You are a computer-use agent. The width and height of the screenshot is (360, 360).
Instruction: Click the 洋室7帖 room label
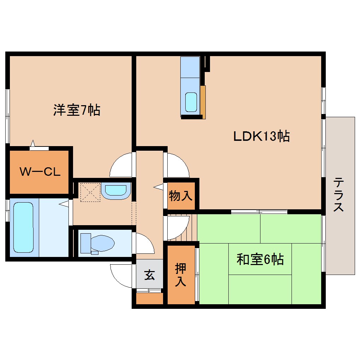click(x=77, y=110)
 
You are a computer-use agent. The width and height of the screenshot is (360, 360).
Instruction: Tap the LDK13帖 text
click(x=262, y=136)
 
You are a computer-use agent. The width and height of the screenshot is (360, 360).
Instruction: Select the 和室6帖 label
click(x=260, y=260)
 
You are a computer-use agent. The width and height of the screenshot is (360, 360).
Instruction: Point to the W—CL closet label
click(x=40, y=172)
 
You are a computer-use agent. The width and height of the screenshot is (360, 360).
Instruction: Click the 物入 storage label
click(x=180, y=196)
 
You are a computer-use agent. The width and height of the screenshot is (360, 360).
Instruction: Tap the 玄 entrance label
click(x=150, y=274)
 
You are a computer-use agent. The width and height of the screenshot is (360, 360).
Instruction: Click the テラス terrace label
click(x=339, y=195)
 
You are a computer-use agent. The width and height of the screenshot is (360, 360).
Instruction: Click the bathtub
click(x=23, y=227)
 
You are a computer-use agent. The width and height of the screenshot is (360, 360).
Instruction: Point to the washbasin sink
click(x=115, y=191)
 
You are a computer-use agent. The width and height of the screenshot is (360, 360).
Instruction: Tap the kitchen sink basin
click(x=191, y=102)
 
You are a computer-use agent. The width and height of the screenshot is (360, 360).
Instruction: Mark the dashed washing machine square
click(x=90, y=192)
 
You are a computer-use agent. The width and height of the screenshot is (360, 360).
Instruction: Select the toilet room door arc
click(x=144, y=244)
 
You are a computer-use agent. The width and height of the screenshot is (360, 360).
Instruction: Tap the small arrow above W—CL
click(x=34, y=143)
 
